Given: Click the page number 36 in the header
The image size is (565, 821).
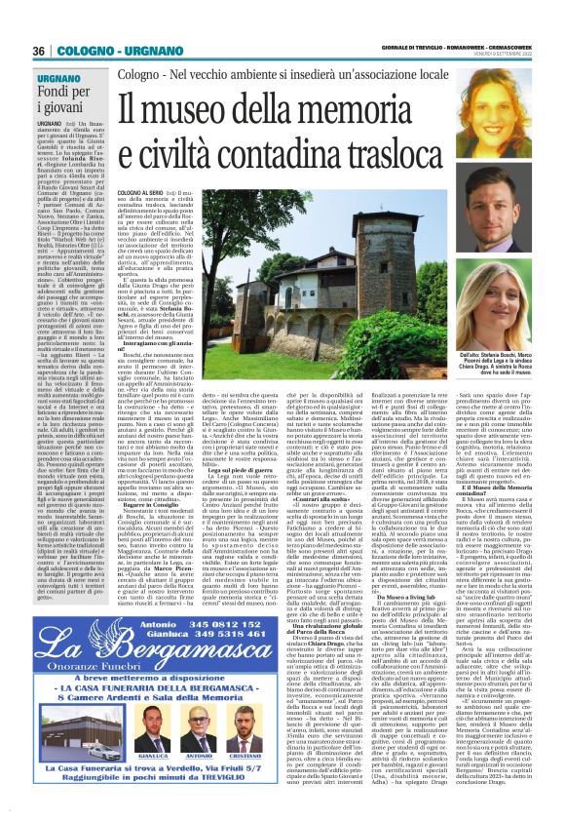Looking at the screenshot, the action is pyautogui.click(x=41, y=51).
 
